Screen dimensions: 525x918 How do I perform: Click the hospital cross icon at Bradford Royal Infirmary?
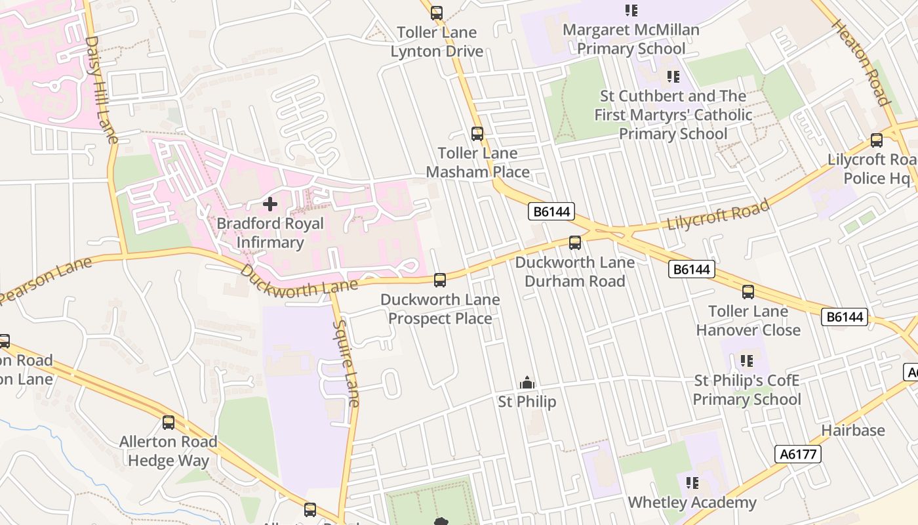pos(269,204)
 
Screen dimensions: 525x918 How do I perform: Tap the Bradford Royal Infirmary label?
pos(270,233)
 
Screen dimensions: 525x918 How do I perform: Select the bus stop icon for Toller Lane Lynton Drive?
pos(437,12)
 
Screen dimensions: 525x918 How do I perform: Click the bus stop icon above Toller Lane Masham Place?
pos(477,134)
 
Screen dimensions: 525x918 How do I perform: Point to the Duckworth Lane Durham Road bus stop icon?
pos(575,243)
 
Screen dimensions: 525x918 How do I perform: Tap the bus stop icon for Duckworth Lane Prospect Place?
pos(440,280)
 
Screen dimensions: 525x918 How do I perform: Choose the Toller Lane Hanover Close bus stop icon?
pos(748,292)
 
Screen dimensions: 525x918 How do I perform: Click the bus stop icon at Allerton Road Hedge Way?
pos(169,423)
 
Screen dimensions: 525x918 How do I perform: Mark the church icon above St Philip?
pos(527,383)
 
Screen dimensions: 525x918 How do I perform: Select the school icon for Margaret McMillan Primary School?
pos(631,10)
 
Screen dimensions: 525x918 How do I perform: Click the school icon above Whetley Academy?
pos(692,484)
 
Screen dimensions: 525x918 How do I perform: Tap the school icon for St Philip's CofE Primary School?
pos(747,361)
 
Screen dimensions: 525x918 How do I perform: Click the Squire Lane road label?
pos(346,363)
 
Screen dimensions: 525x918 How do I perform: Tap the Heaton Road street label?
pos(861,62)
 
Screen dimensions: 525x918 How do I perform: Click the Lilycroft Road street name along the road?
pos(718,215)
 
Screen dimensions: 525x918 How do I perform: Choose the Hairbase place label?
pos(853,430)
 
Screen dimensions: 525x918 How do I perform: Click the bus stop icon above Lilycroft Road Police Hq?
pos(877,140)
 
